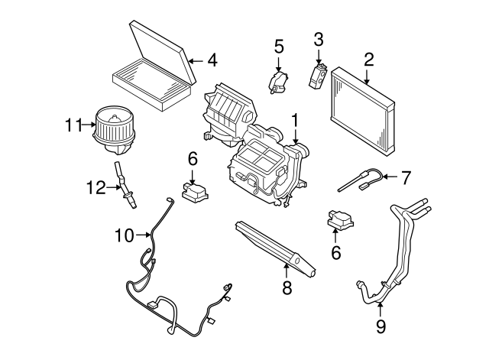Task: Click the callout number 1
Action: click(295, 119)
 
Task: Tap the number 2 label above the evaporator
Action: click(368, 59)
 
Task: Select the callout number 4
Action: click(212, 59)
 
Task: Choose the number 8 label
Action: click(287, 287)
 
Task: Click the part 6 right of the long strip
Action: click(338, 220)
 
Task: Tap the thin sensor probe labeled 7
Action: click(359, 180)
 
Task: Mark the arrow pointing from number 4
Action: click(196, 59)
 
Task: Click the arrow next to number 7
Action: click(387, 177)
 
